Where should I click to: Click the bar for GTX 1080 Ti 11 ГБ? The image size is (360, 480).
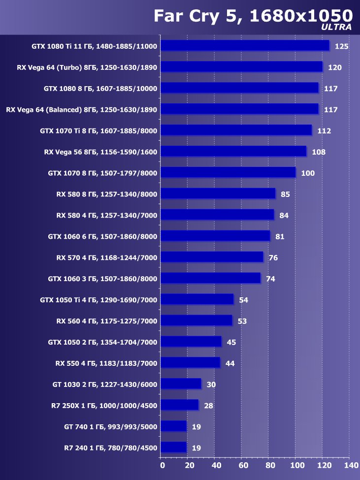(245, 45)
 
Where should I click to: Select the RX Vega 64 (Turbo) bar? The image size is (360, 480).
(241, 66)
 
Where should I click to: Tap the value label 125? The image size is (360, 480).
(341, 46)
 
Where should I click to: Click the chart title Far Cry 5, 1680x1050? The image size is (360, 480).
(253, 15)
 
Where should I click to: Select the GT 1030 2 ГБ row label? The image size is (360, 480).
(104, 384)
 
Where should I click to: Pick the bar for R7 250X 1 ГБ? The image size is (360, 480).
(179, 405)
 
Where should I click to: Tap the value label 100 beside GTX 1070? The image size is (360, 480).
(308, 173)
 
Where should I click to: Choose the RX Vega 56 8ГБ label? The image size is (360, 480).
(100, 152)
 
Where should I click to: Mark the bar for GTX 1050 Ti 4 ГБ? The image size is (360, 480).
(197, 299)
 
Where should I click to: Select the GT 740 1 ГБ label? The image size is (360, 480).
(110, 427)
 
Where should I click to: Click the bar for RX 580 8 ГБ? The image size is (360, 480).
(218, 193)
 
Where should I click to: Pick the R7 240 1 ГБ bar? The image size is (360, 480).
(173, 447)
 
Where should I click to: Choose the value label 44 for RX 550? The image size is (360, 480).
(230, 364)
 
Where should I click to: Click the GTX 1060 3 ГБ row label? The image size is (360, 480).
(102, 279)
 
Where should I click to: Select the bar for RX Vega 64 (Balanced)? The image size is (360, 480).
(239, 109)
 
